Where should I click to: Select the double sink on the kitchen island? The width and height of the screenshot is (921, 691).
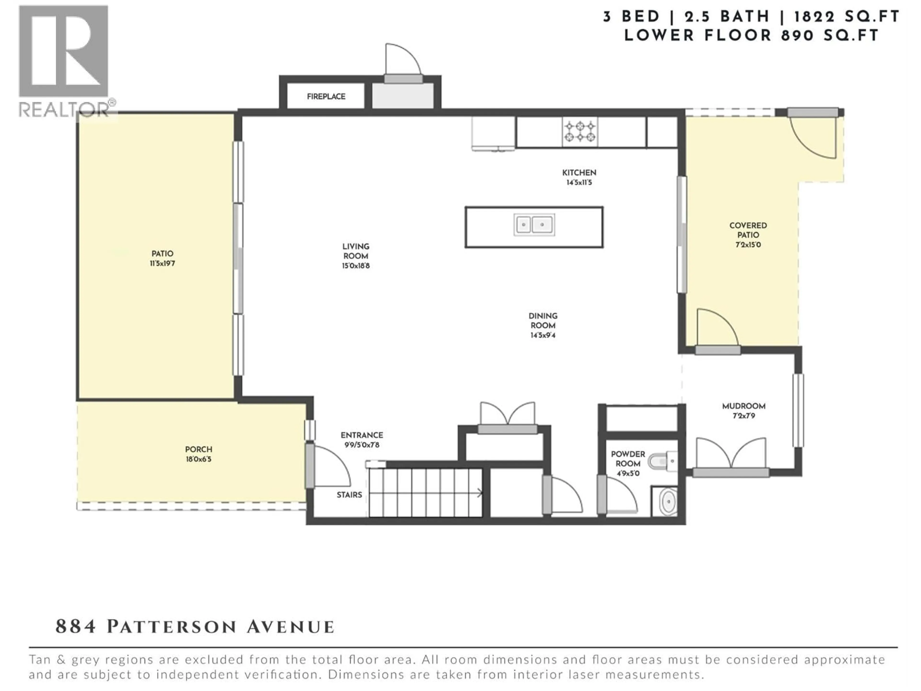point(534,225)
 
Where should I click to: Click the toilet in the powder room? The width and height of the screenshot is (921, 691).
point(663,461)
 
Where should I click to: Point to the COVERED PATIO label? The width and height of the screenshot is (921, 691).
point(748,230)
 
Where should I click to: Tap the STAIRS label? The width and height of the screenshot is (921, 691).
point(349,495)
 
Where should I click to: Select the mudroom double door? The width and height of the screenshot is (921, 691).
point(731,454)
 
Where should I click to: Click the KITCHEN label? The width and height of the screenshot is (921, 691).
point(579,173)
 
